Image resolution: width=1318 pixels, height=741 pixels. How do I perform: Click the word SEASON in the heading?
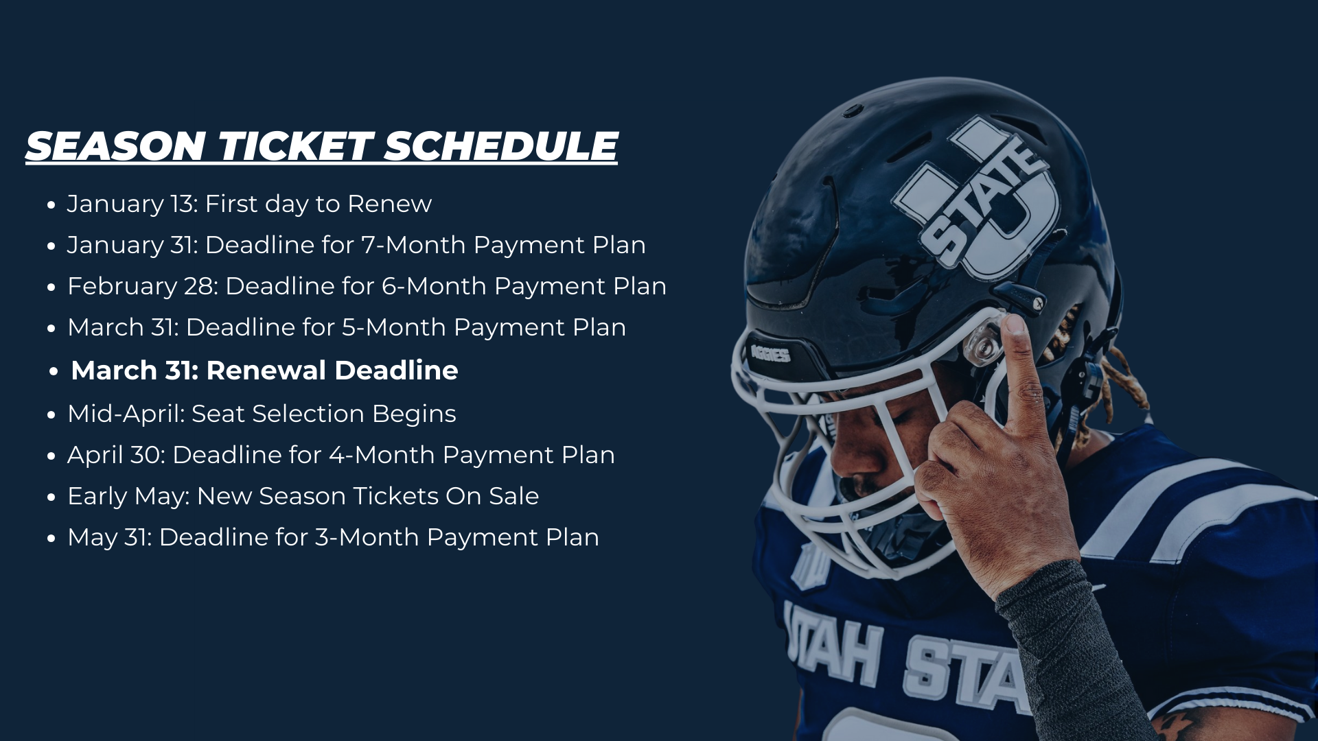[116, 146]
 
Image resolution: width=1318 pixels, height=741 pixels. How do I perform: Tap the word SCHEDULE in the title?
[500, 146]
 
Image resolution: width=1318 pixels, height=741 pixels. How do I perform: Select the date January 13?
[132, 204]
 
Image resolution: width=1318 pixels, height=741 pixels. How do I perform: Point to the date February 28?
[143, 286]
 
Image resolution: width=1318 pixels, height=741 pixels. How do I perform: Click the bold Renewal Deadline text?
[332, 370]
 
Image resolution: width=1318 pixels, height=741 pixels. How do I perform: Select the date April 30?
[117, 455]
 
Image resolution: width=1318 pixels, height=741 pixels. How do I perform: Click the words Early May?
[128, 496]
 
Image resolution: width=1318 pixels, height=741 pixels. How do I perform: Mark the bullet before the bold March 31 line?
[54, 372]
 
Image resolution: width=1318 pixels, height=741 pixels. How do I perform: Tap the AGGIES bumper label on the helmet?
[771, 353]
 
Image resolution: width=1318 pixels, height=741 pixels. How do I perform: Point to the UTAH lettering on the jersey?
[834, 645]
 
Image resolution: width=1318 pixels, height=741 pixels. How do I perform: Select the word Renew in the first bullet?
[389, 204]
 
